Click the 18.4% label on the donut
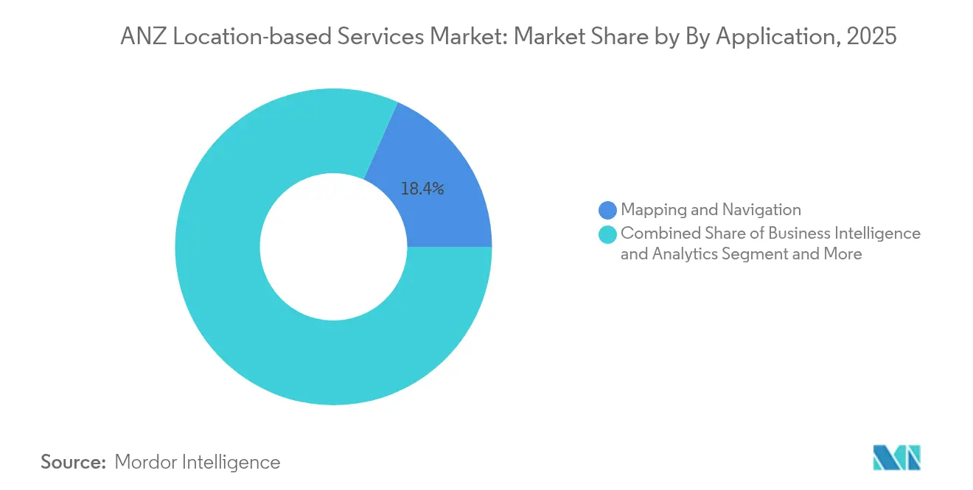pos(422,189)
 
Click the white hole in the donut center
pos(333,247)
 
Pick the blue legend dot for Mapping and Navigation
pos(607,211)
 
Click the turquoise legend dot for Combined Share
pos(607,234)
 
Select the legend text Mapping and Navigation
pos(711,210)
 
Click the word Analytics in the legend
pos(685,255)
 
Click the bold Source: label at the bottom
pos(74,462)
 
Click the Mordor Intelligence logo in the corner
pos(896,458)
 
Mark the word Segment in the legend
pos(768,255)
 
